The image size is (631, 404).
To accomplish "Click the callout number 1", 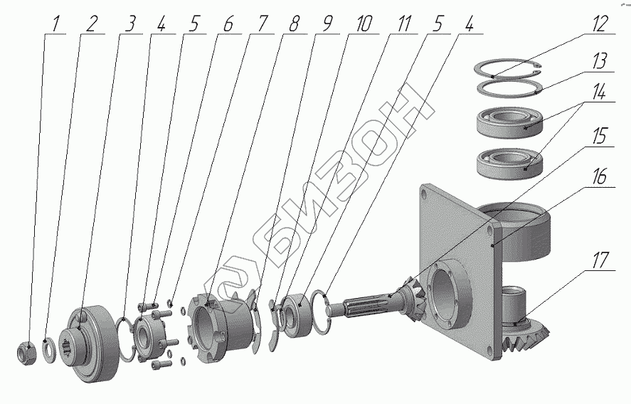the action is [55, 24].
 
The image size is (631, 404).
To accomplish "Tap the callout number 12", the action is [599, 23].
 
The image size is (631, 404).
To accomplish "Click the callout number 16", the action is [599, 176].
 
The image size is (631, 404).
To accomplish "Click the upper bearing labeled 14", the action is [509, 121].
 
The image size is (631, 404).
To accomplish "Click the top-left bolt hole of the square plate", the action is [425, 194].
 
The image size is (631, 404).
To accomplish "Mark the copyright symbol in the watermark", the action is [232, 284].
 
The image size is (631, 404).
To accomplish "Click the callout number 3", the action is [129, 24].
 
